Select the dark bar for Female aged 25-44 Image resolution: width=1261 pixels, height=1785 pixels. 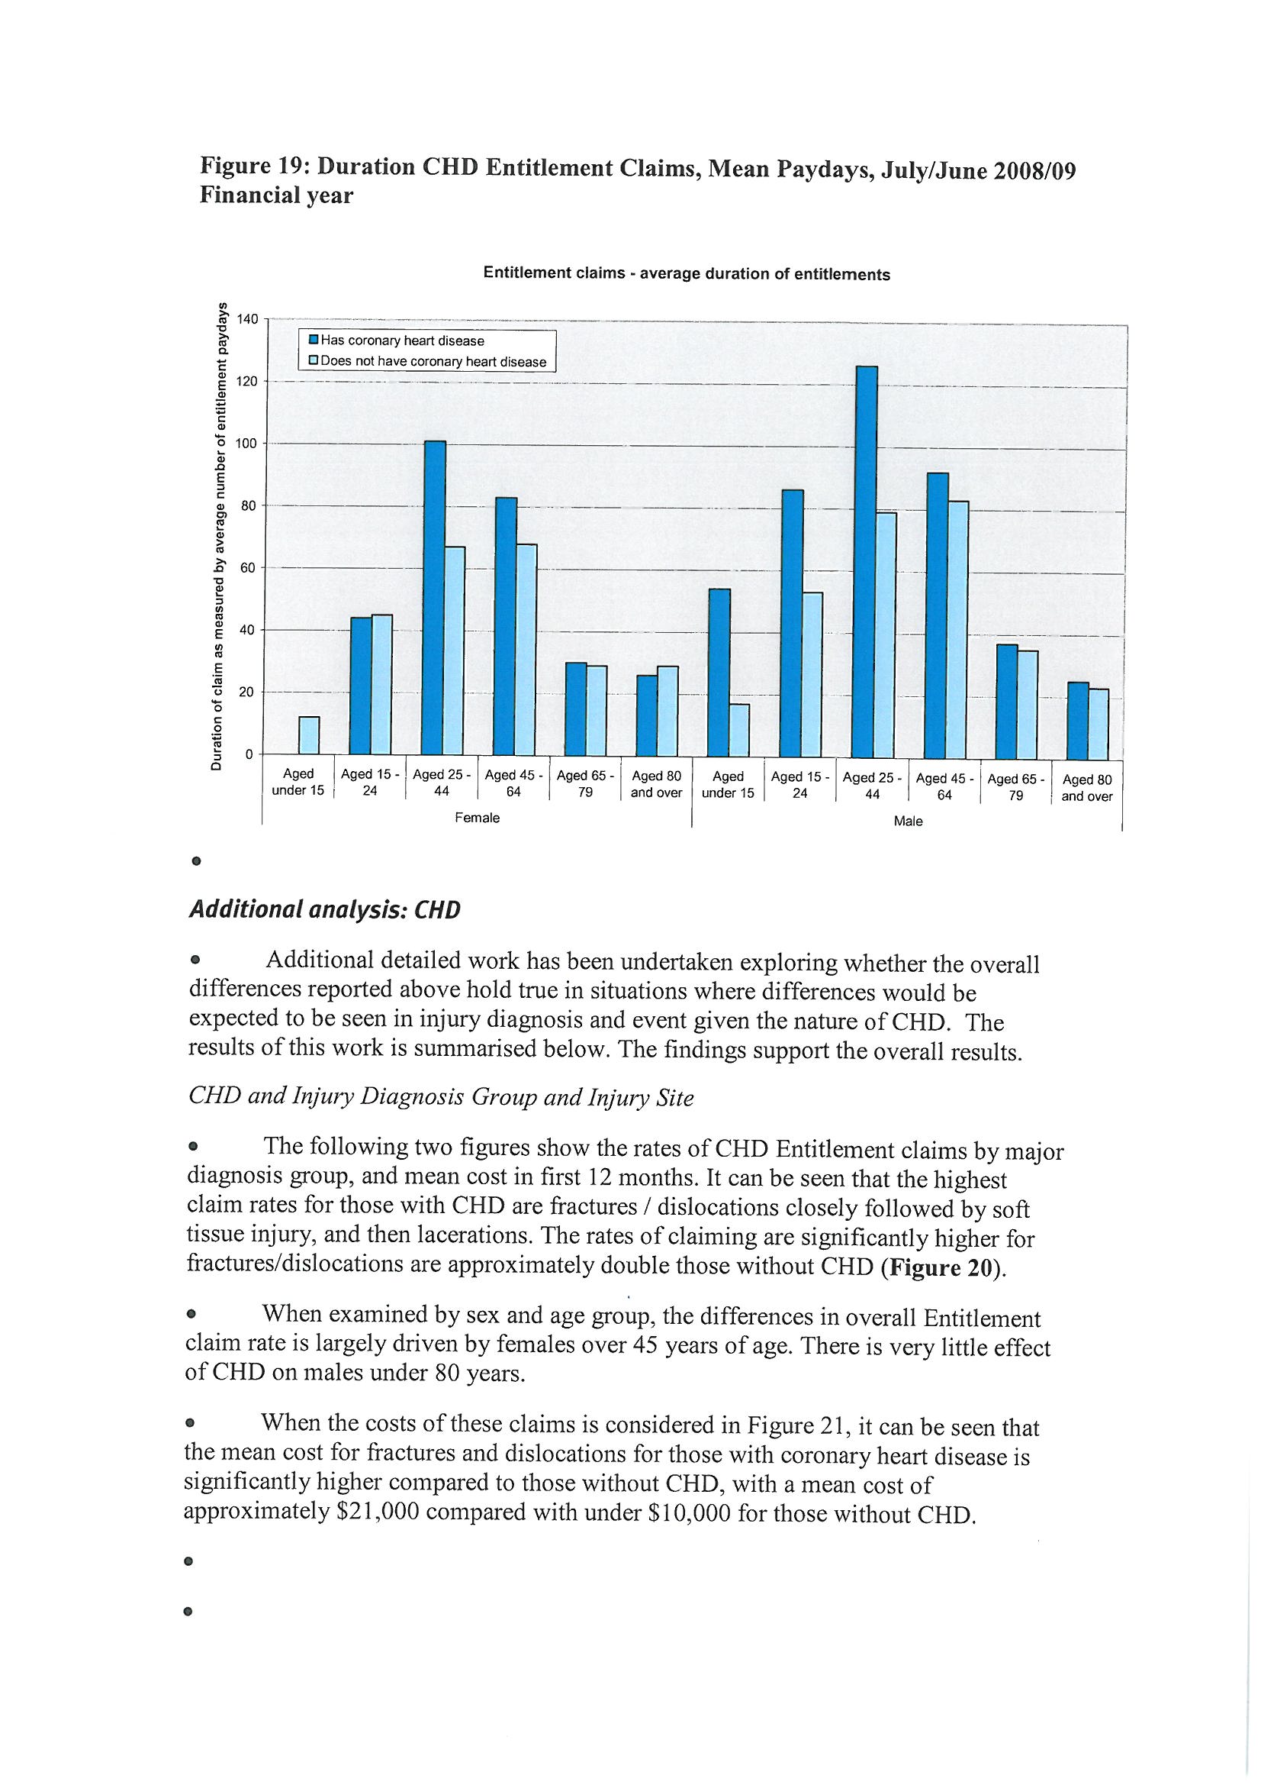[x=434, y=599]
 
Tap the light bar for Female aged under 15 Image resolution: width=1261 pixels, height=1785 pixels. [x=308, y=735]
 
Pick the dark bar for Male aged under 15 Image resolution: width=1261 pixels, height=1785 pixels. [x=719, y=673]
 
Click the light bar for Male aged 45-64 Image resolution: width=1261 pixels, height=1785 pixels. [x=958, y=630]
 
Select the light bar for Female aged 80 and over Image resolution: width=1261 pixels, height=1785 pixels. [x=667, y=712]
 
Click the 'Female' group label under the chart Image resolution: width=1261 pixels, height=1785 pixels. [x=477, y=818]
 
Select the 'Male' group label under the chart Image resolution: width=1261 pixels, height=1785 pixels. [x=908, y=821]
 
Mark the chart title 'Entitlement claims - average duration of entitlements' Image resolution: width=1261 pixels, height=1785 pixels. [x=686, y=274]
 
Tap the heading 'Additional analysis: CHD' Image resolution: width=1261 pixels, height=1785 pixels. [x=325, y=910]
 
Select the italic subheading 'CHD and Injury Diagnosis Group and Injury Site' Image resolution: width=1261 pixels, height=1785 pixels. [x=440, y=1097]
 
